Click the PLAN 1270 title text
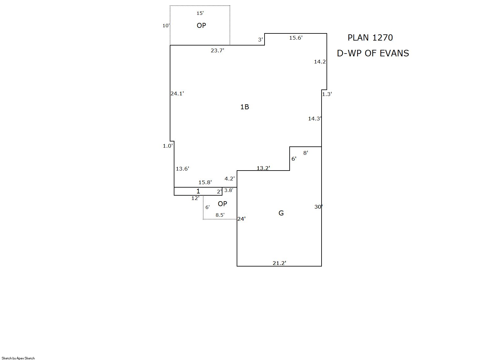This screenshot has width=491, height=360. [x=370, y=38]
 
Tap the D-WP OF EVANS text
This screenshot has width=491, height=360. [x=373, y=54]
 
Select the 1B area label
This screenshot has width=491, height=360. [x=245, y=107]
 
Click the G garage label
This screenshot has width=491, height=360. [x=281, y=213]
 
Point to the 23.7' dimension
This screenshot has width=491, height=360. [x=217, y=50]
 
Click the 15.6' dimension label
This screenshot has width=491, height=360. [x=296, y=38]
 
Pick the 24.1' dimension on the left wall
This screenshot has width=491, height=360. [x=177, y=93]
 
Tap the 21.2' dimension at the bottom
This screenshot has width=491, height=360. [x=279, y=263]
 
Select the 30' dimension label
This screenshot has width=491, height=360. [x=318, y=207]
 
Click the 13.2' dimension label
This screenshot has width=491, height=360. [x=263, y=168]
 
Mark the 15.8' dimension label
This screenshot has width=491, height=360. [x=205, y=182]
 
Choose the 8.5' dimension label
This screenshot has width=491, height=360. [x=220, y=215]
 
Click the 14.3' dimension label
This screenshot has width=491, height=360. [x=315, y=119]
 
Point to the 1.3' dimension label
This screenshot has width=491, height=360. [x=327, y=94]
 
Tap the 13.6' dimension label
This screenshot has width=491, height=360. [x=182, y=169]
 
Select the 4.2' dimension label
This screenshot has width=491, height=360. [x=230, y=179]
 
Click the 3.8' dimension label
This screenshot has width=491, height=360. [x=229, y=190]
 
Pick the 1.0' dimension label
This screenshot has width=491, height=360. [x=168, y=146]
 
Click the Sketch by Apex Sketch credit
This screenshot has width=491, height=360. [x=18, y=358]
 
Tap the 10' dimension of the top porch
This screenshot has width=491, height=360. [x=166, y=26]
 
